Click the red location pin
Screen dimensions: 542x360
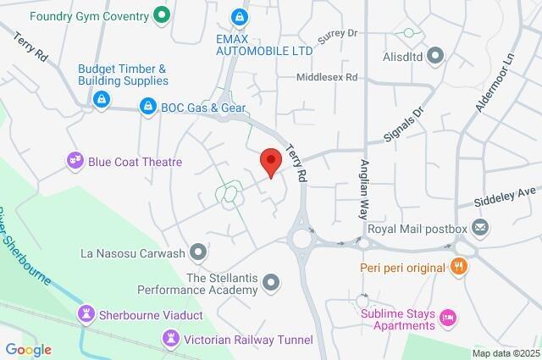tap(270, 161)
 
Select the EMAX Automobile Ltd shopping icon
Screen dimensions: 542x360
tap(241, 16)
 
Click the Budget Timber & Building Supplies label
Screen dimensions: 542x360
tap(123, 75)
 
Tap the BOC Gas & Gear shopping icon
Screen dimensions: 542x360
tap(148, 107)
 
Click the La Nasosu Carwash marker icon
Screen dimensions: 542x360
tap(198, 252)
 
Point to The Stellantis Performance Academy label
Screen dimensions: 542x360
tap(221, 284)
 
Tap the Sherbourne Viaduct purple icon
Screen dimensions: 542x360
tap(85, 315)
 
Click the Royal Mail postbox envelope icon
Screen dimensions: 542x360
tap(480, 228)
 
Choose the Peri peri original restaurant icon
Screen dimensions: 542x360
tap(460, 268)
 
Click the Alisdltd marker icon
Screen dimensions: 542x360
tap(436, 57)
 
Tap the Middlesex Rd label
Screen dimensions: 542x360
tap(327, 77)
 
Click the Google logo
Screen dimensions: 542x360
tap(28, 350)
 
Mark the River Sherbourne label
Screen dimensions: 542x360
tap(25, 246)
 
